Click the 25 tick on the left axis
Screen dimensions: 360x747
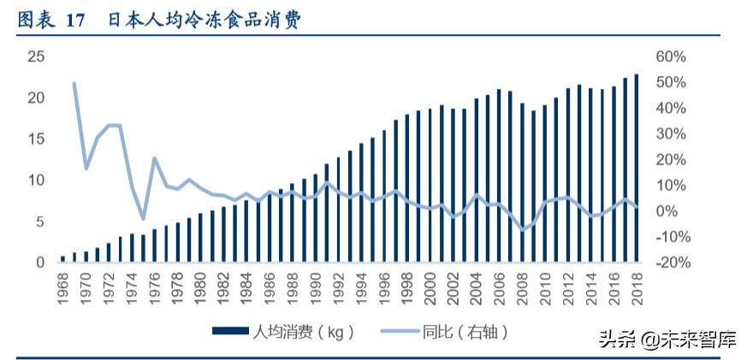click(x=35, y=56)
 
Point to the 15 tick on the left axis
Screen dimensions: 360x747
click(x=35, y=139)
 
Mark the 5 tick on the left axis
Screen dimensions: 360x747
click(x=39, y=221)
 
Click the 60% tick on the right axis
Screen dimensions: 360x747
click(x=671, y=56)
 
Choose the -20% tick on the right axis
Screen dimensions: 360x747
click(x=671, y=263)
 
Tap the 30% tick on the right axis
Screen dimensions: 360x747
click(x=671, y=133)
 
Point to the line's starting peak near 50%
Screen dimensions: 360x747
click(x=74, y=84)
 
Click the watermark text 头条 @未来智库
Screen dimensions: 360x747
click(x=667, y=339)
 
